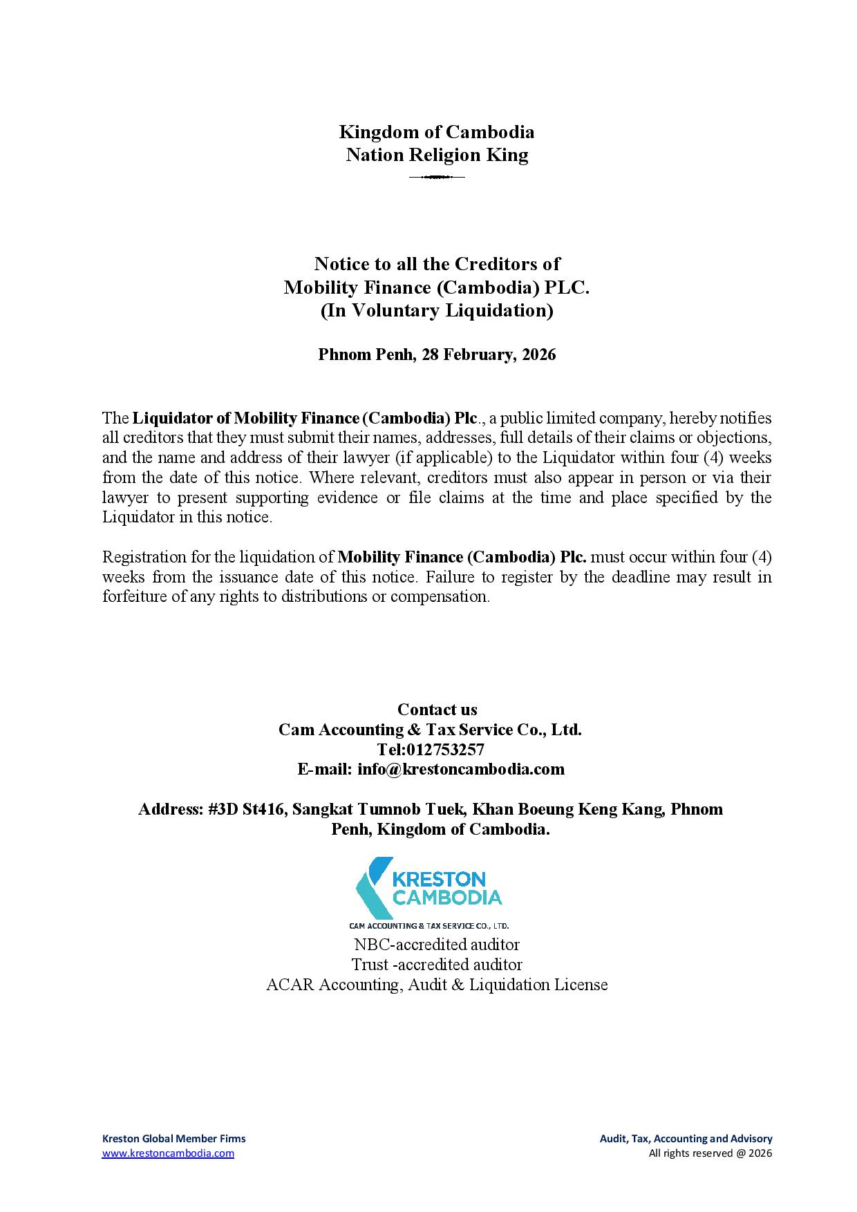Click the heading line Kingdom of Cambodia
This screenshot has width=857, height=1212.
coord(436,132)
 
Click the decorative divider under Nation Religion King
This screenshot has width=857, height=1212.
coord(436,178)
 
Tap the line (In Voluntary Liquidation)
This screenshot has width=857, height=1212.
coord(437,311)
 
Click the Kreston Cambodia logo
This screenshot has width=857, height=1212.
coord(429,892)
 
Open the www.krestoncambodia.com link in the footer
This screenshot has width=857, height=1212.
coord(168,1153)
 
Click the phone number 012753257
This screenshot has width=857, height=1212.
coord(446,750)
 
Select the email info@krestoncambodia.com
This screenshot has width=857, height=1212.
coord(461,769)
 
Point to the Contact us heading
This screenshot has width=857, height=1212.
coord(437,710)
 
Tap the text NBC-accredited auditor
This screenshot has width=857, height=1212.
coord(437,945)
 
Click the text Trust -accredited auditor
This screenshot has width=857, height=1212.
coord(437,965)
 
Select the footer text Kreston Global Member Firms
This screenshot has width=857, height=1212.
coord(173,1139)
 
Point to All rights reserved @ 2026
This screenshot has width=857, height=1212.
coord(710,1153)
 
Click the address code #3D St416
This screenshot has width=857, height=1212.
coord(246,809)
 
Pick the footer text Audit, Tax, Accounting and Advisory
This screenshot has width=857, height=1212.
coord(686,1139)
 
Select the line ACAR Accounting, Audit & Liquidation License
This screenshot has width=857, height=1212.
coord(437,985)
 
